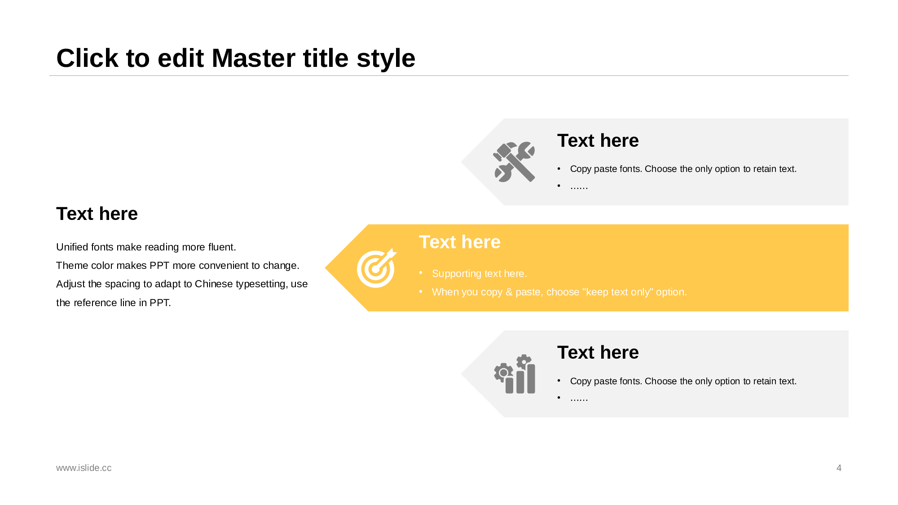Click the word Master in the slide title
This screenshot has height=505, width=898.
pyautogui.click(x=280, y=58)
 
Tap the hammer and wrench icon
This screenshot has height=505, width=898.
pyautogui.click(x=514, y=162)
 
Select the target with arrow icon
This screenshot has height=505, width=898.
pyautogui.click(x=377, y=268)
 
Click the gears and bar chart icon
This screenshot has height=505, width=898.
pyautogui.click(x=515, y=374)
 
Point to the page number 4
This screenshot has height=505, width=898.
pyautogui.click(x=839, y=468)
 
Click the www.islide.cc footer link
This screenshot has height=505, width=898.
pyautogui.click(x=84, y=468)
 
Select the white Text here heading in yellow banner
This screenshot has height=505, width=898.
pyautogui.click(x=459, y=242)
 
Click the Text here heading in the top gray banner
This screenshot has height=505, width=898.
pyautogui.click(x=598, y=141)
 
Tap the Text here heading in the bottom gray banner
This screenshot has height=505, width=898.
pyautogui.click(x=598, y=352)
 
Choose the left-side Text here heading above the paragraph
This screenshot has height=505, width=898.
pyautogui.click(x=97, y=214)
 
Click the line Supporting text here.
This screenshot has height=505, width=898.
pyautogui.click(x=479, y=273)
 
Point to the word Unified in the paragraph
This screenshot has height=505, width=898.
pyautogui.click(x=72, y=247)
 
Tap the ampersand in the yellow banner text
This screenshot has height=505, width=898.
pyautogui.click(x=509, y=292)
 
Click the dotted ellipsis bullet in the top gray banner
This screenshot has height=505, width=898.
pyautogui.click(x=579, y=186)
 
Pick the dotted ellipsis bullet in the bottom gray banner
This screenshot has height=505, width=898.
pyautogui.click(x=579, y=398)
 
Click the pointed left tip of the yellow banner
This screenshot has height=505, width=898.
pyautogui.click(x=325, y=268)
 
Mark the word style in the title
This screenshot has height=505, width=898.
pyautogui.click(x=386, y=58)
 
